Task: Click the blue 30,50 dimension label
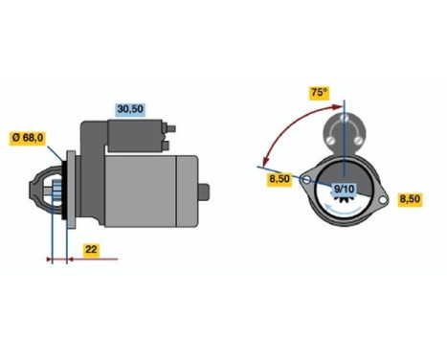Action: (128, 109)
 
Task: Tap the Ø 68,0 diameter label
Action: (27, 136)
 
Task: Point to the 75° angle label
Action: (318, 93)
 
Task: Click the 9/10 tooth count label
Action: (344, 190)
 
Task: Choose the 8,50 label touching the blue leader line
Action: (279, 178)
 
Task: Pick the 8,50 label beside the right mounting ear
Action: (409, 199)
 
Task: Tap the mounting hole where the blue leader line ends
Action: (305, 178)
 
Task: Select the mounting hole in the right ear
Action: (381, 199)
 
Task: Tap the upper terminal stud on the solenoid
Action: (173, 126)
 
